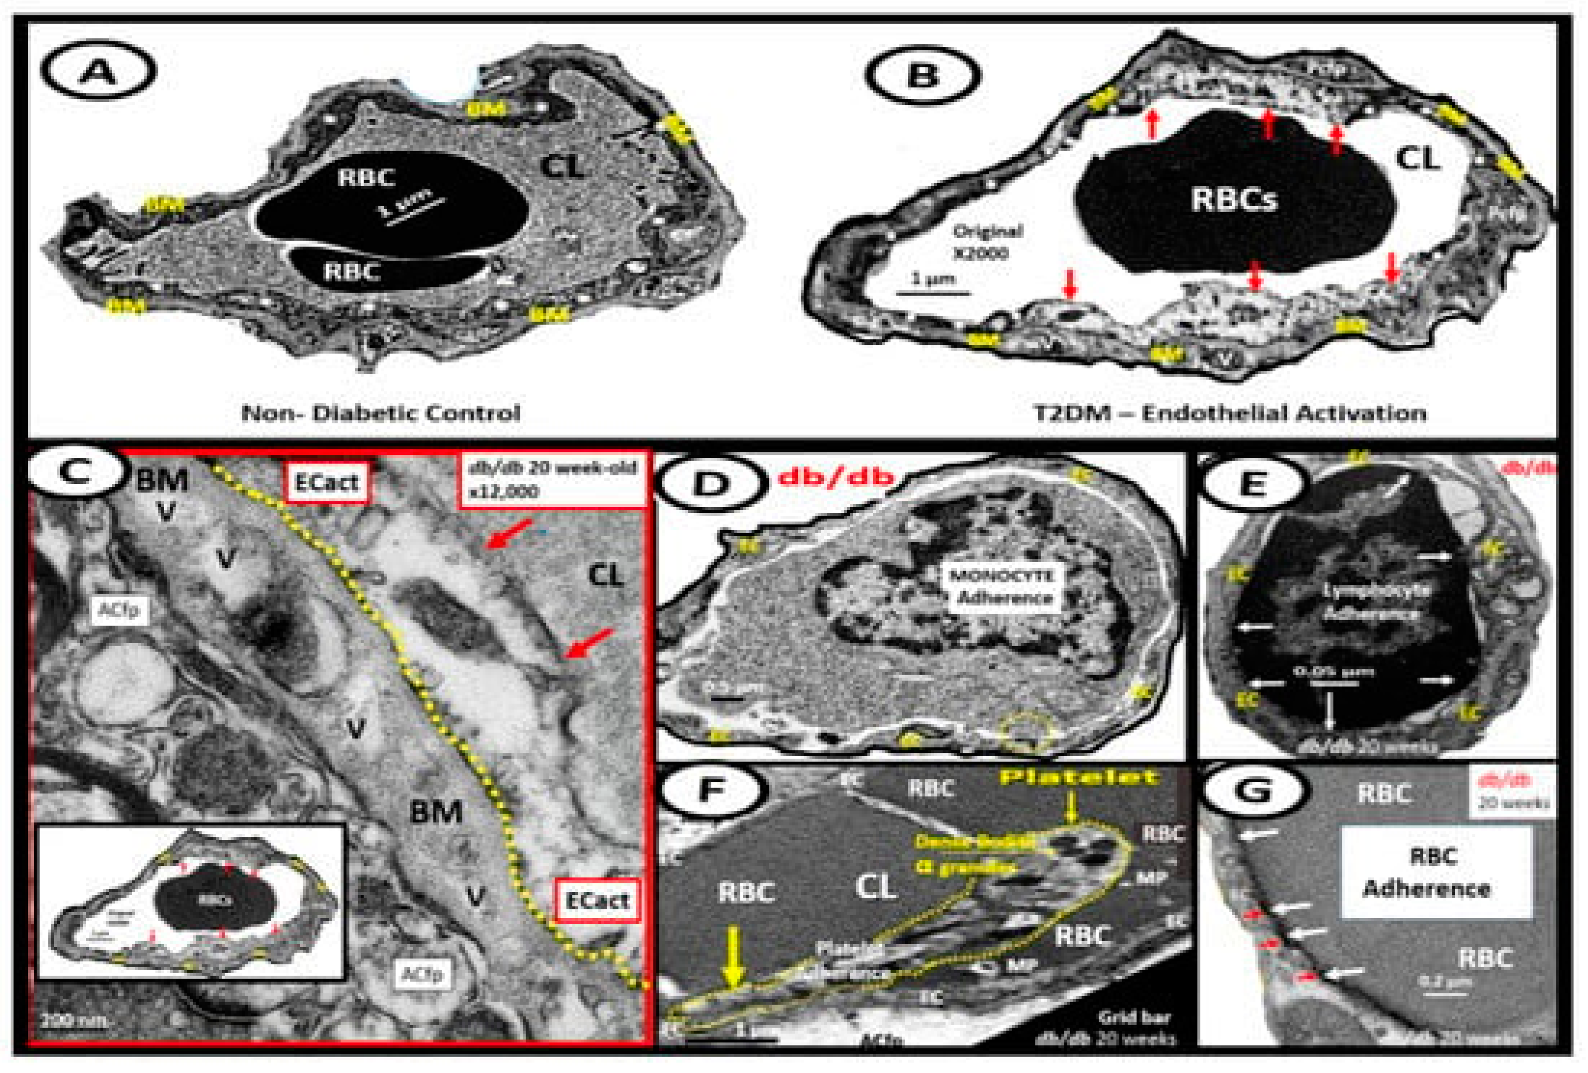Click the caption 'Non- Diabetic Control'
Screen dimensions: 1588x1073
[x=381, y=413]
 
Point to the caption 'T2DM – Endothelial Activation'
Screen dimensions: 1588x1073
[x=1230, y=413]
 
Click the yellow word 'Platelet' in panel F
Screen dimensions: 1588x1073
[x=1079, y=777]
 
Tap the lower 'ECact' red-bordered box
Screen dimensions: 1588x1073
[x=597, y=900]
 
